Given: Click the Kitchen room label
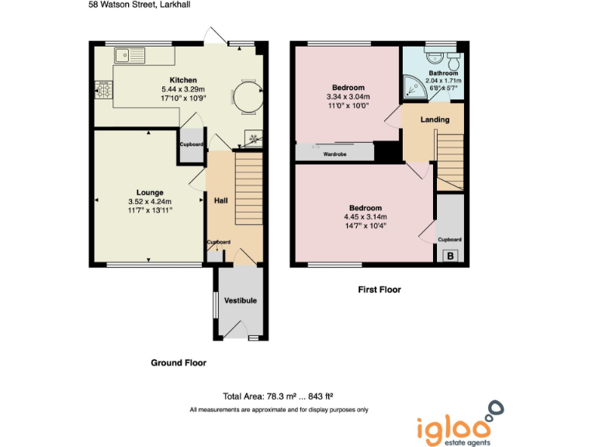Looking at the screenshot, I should (x=183, y=80).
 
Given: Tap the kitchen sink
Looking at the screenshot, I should (x=130, y=55).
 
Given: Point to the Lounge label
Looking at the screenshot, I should (x=149, y=192).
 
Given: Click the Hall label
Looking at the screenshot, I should (x=221, y=200).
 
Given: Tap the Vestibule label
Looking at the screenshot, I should (x=240, y=300).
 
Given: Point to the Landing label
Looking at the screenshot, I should (x=434, y=120).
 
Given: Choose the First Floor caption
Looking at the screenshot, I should (x=379, y=289).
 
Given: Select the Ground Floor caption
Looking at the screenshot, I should (x=178, y=362).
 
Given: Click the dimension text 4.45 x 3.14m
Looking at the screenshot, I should (x=365, y=217).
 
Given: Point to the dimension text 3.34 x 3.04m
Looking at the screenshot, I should (x=348, y=97).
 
